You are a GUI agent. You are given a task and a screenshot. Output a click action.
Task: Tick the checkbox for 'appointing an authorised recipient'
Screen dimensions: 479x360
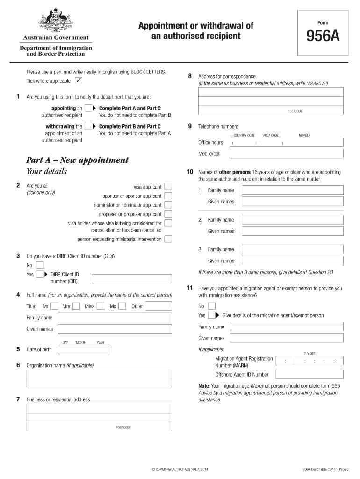88,109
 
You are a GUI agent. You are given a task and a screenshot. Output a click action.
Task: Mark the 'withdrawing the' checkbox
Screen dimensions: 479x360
88,126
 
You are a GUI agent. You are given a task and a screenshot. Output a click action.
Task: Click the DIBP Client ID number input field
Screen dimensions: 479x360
132,279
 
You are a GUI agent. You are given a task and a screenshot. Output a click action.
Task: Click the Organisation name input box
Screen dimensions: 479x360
99,380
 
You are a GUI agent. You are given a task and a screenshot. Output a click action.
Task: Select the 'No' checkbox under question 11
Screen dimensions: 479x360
211,306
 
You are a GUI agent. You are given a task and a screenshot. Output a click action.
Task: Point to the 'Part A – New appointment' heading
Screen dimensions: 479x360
77,160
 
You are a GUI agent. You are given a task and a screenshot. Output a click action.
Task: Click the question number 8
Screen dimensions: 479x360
189,76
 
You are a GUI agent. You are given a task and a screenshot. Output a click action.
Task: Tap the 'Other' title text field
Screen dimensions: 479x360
158,306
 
